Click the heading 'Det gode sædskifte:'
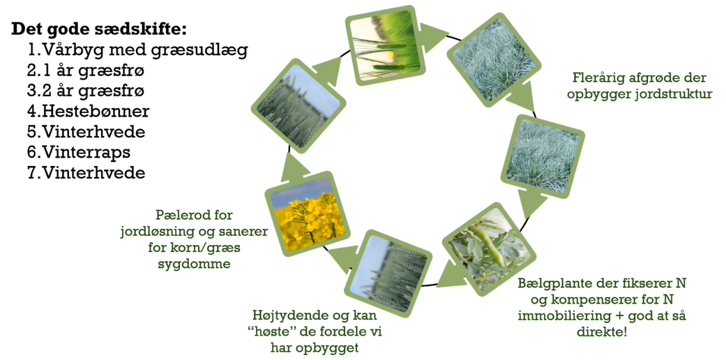[99, 29]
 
